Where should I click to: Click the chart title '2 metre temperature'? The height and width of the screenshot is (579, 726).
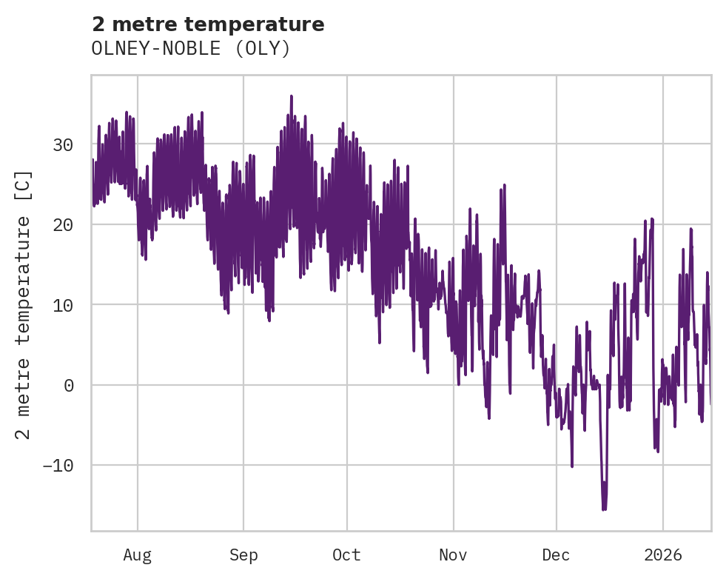click(208, 24)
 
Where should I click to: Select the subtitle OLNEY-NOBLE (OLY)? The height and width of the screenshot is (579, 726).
click(191, 49)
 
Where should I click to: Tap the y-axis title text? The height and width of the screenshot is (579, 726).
click(24, 304)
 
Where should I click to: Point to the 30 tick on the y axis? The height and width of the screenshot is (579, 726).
click(63, 144)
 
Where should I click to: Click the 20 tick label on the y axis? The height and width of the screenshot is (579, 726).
click(63, 224)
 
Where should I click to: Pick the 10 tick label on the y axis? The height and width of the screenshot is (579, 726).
click(63, 304)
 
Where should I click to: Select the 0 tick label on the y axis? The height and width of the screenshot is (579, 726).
click(68, 385)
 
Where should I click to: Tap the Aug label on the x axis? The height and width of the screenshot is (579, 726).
click(137, 555)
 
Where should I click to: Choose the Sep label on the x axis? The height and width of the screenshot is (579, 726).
click(243, 555)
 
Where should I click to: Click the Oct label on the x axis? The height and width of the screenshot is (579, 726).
click(346, 555)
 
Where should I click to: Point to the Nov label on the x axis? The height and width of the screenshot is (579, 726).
click(453, 555)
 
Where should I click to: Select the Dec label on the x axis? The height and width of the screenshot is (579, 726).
click(556, 555)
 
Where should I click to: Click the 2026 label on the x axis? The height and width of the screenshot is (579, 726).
click(662, 555)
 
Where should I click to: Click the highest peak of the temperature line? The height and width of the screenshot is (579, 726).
click(292, 96)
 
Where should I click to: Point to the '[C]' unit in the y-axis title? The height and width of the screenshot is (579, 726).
click(24, 184)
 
